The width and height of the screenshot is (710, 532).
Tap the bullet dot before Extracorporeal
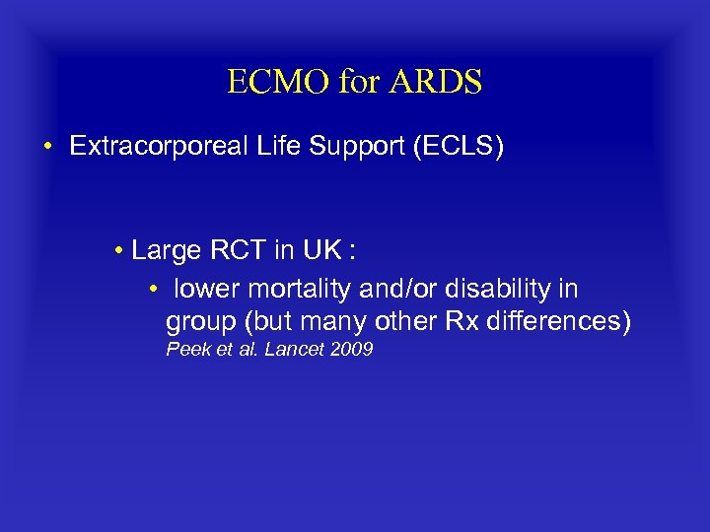pos(47,148)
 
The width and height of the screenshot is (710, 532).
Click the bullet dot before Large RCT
pos(117,252)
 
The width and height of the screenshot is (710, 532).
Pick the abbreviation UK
pos(321,251)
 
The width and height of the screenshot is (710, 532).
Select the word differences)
pos(563,322)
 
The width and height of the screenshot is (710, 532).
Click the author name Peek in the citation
pos(185,350)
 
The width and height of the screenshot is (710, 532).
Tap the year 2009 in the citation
pos(351,350)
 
